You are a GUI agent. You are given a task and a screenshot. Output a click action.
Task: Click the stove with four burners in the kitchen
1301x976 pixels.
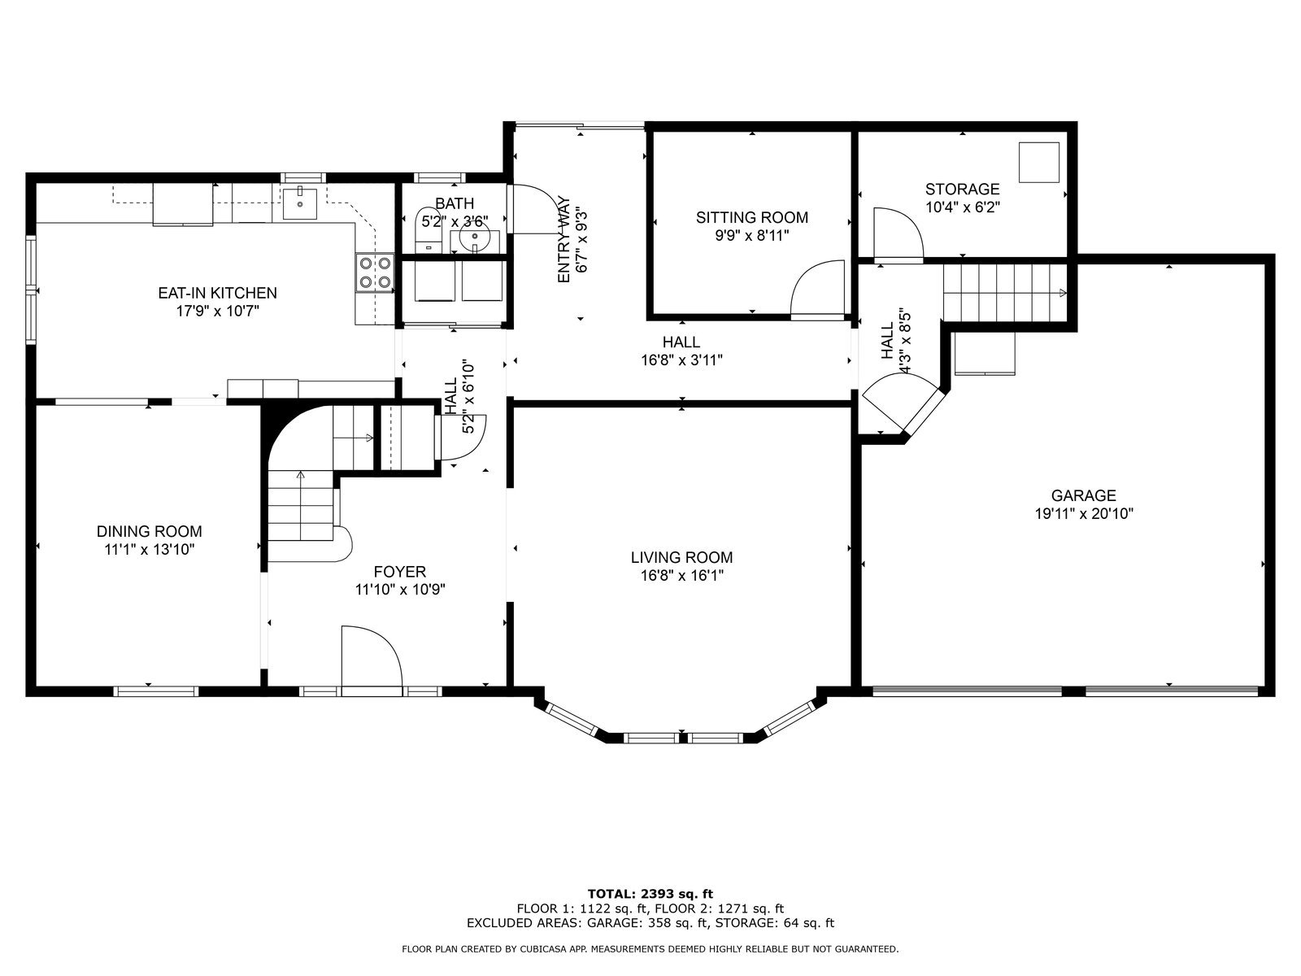[375, 272]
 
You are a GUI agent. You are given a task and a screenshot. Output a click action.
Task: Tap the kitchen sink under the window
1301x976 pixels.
[300, 203]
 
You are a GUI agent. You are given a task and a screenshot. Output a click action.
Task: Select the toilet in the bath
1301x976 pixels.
[428, 230]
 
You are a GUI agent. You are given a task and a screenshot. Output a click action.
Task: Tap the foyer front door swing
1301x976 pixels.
[372, 658]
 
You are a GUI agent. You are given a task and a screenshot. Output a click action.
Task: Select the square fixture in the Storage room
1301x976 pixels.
[1039, 162]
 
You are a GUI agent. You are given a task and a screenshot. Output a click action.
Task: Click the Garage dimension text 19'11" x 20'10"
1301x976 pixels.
[1083, 513]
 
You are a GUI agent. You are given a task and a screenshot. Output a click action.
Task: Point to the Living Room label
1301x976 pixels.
[681, 557]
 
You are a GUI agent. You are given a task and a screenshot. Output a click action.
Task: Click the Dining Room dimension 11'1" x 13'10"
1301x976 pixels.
[150, 549]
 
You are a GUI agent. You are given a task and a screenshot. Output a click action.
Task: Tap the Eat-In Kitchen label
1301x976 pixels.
[218, 293]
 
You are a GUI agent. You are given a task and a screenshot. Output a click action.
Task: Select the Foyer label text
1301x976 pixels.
[399, 571]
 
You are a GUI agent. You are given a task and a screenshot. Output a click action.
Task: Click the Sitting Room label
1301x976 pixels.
[751, 217]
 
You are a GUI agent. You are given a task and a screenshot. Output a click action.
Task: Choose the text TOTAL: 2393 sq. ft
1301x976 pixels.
[650, 894]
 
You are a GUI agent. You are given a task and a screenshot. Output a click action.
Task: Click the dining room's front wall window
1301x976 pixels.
[156, 691]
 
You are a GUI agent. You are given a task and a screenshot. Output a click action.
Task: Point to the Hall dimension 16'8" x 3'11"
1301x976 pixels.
[681, 359]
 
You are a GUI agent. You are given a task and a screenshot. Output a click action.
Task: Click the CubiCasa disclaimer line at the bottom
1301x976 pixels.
[650, 948]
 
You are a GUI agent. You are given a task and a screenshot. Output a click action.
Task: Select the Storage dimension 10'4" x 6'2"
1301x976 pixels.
[962, 207]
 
